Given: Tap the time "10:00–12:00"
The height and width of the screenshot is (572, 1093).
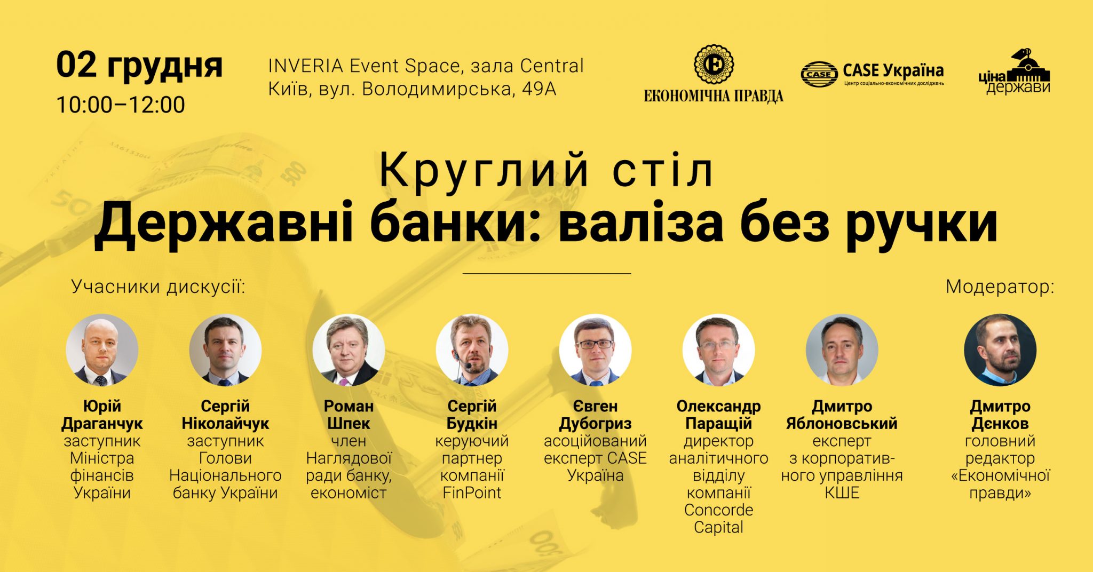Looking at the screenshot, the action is coord(121,105).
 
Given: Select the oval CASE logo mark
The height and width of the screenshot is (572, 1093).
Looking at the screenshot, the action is coord(819,74).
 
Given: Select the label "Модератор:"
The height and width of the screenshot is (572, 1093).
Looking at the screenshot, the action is coord(1000,287).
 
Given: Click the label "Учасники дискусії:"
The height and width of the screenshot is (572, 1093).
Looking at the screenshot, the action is coord(159,287).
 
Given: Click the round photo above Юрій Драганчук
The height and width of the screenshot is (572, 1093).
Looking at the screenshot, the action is coord(102,350).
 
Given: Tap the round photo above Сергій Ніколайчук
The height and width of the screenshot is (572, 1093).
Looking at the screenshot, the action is coord(225,350).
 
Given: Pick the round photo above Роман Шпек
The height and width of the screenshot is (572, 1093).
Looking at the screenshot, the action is coord(349,350).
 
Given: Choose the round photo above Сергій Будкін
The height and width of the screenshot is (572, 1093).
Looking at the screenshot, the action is coord(472,350).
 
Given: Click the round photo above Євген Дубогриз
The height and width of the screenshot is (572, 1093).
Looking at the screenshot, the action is coord(595,350).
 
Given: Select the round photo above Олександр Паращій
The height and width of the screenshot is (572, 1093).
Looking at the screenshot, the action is coord(718,350).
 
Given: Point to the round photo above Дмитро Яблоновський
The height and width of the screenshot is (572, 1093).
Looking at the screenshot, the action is coord(842,350).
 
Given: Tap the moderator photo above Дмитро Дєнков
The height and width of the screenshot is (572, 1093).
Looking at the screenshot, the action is coord(1000,350).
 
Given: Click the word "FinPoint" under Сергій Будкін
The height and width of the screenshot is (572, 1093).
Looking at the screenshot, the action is coord(472,492).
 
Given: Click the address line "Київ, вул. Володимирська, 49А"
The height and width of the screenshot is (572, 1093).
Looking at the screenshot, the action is coord(412,89).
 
